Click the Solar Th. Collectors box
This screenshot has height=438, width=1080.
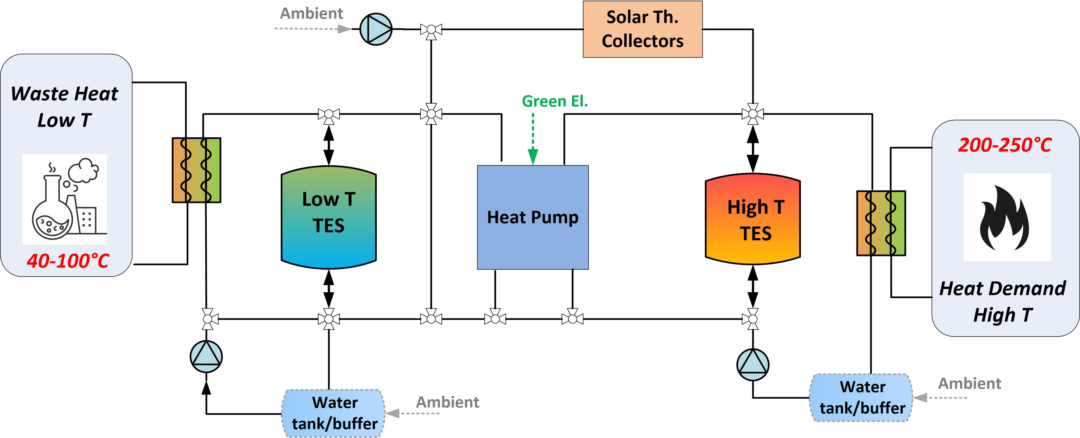coord(642,29)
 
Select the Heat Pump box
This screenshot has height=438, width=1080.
coord(533,217)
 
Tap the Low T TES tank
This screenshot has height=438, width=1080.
coord(329,217)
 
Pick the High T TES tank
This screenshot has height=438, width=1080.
coord(753,219)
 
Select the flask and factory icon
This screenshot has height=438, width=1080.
coord(65,199)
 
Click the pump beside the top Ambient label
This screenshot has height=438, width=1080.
coord(376,29)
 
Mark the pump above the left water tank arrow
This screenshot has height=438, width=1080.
coord(206,356)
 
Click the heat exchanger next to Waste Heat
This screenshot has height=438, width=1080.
coord(196,170)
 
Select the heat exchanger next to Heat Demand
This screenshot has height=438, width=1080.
coord(881,223)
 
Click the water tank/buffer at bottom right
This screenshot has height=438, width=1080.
coord(862,397)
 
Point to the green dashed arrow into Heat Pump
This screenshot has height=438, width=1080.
coord(533,138)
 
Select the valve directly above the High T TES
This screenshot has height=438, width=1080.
coord(753,114)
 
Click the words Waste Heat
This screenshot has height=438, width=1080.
coord(65,94)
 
